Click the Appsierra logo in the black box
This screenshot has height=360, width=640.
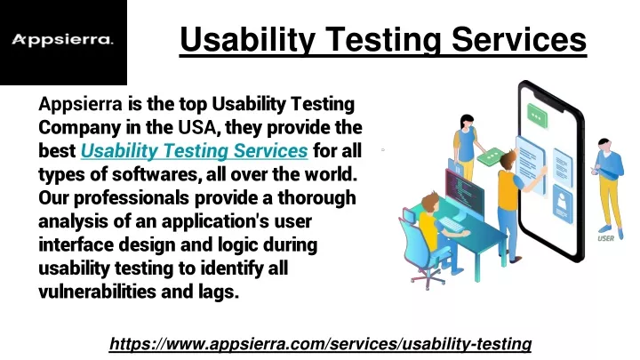tap(62, 40)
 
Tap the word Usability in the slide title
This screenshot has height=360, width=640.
tap(247, 40)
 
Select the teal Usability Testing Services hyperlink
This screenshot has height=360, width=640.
tap(195, 150)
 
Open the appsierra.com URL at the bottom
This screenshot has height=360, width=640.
tap(320, 344)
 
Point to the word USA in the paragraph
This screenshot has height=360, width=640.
tap(196, 127)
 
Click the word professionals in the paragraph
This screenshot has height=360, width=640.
tap(131, 198)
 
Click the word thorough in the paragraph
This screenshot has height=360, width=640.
tap(316, 198)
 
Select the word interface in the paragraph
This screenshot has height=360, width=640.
tap(76, 245)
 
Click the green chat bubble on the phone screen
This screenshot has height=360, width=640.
tap(537, 115)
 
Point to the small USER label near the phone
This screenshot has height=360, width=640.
tap(605, 238)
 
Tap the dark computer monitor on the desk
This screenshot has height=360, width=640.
tap(464, 189)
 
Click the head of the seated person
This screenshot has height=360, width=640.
tap(430, 203)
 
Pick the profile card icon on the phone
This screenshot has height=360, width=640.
tap(563, 204)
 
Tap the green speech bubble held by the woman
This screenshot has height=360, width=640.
tap(490, 156)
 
